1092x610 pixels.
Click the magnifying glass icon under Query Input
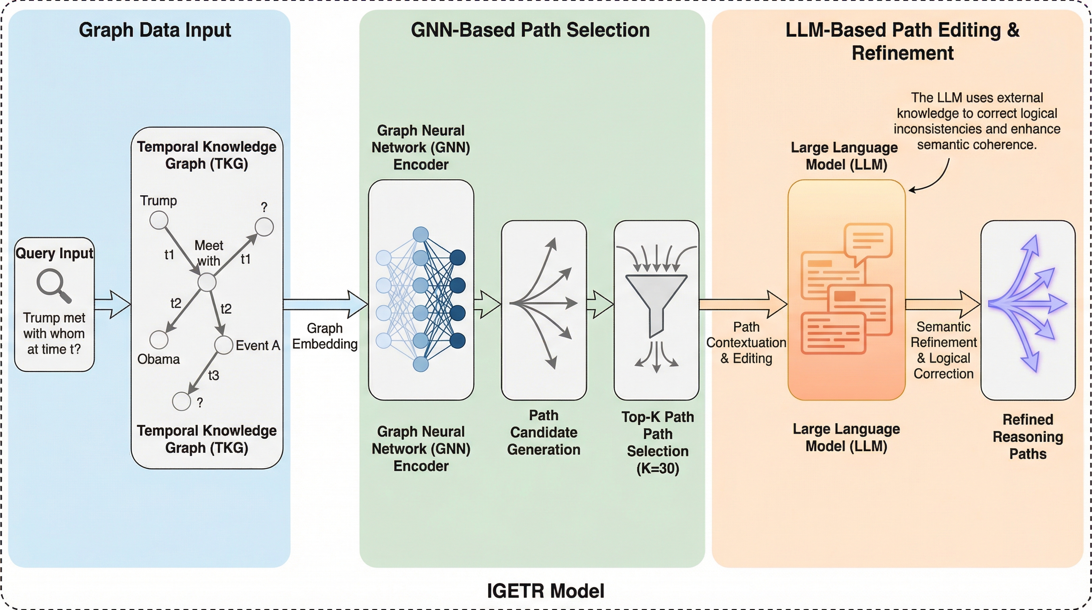click(54, 286)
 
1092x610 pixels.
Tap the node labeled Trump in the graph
click(159, 220)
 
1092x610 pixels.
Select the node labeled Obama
click(159, 340)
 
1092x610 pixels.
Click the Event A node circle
click(223, 345)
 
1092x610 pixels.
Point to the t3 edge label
click(213, 375)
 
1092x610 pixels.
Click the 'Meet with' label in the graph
click(209, 253)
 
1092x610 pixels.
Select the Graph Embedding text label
click(325, 336)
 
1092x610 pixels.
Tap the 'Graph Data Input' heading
click(155, 30)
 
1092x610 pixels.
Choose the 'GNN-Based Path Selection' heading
click(530, 30)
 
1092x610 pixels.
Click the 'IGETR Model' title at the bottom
click(546, 591)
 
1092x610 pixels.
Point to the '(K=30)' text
click(658, 468)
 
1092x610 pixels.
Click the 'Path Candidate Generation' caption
click(544, 432)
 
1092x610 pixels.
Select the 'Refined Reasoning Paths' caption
click(1028, 436)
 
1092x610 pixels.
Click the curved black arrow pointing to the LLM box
click(935, 178)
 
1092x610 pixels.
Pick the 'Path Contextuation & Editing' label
click(746, 342)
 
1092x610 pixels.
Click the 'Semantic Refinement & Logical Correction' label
click(943, 350)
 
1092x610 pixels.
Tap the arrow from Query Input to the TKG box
click(112, 304)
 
